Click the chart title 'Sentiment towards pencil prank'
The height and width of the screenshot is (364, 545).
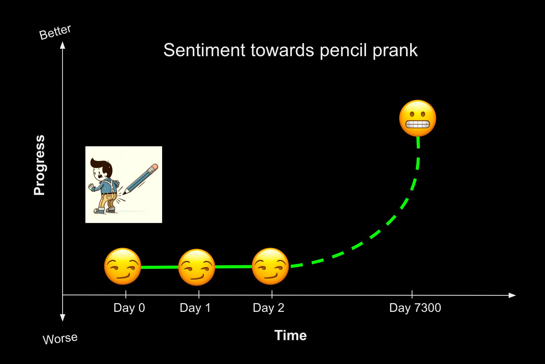pos(290,50)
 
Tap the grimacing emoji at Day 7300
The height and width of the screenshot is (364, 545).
pos(417,118)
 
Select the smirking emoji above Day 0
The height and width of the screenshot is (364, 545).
pos(122,266)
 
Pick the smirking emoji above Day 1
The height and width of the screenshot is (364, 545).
pos(196,267)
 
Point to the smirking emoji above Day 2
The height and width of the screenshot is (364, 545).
pos(270,266)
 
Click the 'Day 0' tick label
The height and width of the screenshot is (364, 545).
pos(129,308)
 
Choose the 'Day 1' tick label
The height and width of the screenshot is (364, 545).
pos(195,308)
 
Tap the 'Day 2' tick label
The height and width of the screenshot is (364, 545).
pos(268,308)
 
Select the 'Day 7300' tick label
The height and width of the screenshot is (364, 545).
pos(415,308)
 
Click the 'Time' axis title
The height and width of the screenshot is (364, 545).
pos(290,335)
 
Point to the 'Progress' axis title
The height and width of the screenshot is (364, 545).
pos(39,165)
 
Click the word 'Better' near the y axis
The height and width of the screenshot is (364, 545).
pos(55,32)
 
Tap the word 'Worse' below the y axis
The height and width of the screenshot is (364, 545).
pos(60,338)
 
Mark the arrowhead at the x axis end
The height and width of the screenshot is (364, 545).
pos(512,295)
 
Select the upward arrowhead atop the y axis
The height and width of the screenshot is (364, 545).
pos(63,45)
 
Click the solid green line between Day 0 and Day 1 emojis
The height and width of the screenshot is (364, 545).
pos(159,267)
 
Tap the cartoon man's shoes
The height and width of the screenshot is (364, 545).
pos(104,211)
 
